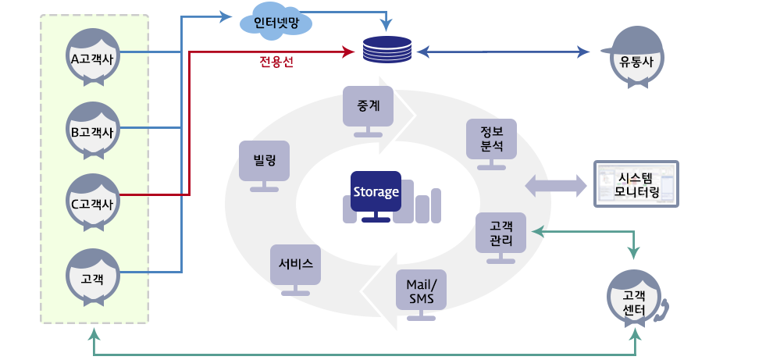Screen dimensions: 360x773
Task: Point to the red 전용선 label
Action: click(x=276, y=62)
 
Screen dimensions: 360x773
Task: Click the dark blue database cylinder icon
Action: click(x=387, y=51)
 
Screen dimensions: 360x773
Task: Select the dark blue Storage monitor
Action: click(x=376, y=192)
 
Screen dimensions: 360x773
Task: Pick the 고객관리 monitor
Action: click(x=500, y=233)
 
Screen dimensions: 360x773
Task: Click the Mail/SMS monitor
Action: click(x=422, y=290)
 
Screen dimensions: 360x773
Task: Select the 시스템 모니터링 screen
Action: click(x=636, y=184)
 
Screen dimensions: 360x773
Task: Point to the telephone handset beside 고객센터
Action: click(x=663, y=310)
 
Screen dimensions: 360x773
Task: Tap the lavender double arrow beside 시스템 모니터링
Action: click(x=555, y=185)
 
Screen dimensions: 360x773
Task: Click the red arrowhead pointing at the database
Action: click(x=347, y=52)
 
